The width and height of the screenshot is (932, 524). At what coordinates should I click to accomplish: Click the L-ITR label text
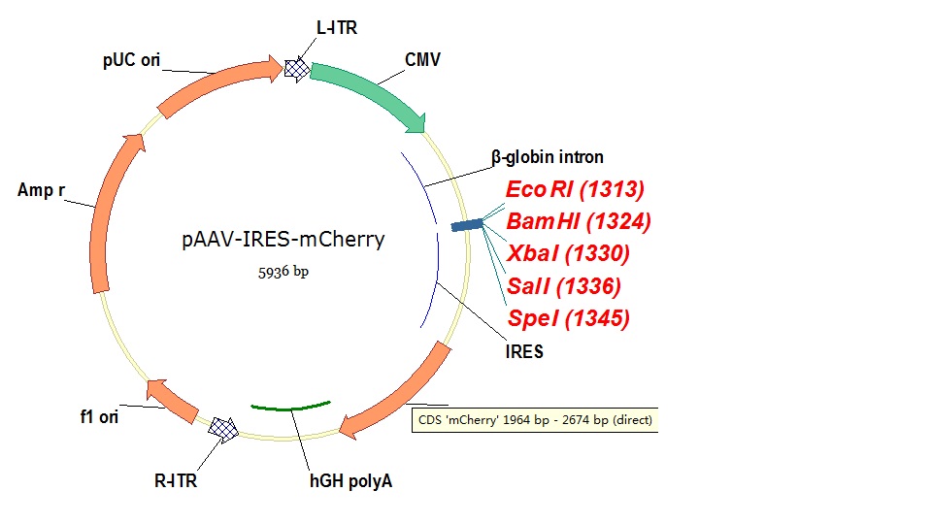coord(337,28)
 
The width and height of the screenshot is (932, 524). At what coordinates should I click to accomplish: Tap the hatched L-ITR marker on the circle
coord(297,68)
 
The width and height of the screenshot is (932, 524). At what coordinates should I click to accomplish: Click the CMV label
coord(422,60)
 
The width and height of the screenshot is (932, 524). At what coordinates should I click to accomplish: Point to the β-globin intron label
coord(547,157)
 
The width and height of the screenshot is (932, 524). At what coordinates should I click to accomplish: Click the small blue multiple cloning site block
coord(467,225)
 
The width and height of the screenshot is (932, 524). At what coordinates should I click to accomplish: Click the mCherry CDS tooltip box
coord(535,421)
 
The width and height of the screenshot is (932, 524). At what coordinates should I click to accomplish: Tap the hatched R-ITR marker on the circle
coord(225,430)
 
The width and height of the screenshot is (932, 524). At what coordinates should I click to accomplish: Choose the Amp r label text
coord(41,190)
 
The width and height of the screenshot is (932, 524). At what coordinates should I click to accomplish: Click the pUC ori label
coord(131,60)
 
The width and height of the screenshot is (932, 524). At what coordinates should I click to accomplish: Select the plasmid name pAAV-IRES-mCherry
coord(283,240)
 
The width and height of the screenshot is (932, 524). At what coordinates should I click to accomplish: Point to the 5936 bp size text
coord(282,272)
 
